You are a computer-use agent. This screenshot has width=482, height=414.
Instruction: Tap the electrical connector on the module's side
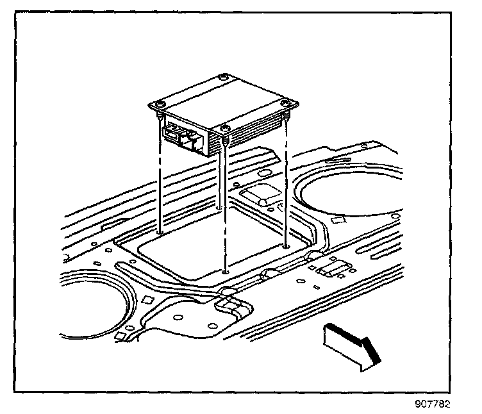click(181, 136)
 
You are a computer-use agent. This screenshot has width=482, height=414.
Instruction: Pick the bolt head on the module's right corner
click(283, 103)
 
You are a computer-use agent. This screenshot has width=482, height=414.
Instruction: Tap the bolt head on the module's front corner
click(225, 131)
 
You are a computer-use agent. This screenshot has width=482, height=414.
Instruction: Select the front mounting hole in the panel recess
click(225, 271)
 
